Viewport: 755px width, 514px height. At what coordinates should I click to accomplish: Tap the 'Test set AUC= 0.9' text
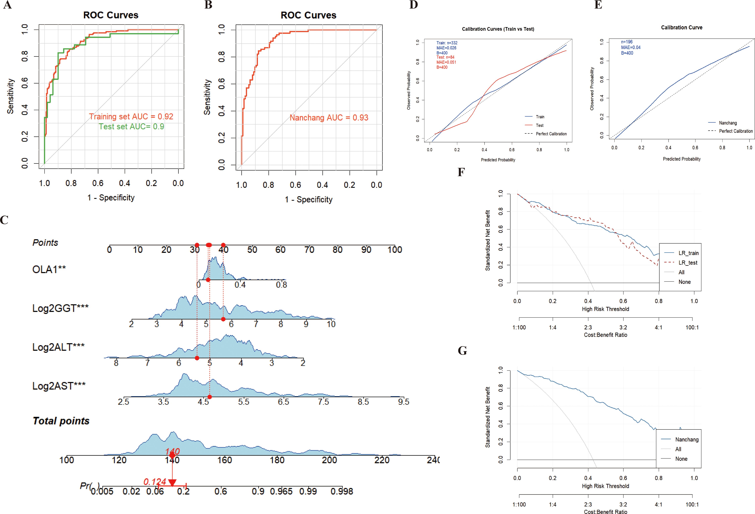pos(131,126)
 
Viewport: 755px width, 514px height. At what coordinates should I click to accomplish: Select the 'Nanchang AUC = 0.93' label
pos(329,117)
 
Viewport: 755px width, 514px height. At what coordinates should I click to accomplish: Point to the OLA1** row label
pos(49,269)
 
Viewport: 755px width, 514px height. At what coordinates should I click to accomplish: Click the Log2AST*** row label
pos(59,386)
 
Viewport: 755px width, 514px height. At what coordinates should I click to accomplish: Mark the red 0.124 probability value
pos(155,482)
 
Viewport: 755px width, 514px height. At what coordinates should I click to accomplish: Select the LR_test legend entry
pos(688,263)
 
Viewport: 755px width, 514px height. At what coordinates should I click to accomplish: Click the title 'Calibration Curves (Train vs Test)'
pos(498,29)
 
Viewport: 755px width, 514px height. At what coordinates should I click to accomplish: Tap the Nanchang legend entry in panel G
pos(687,439)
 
